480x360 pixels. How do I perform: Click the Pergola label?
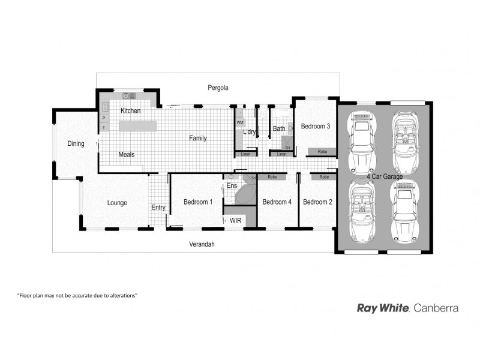coord(218,88)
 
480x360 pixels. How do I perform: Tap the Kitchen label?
coord(130,111)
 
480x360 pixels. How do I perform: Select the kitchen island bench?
coord(137,126)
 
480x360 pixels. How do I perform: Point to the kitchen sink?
coord(130,95)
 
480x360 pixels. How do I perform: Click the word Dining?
coord(76,143)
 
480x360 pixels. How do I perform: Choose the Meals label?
coord(126,154)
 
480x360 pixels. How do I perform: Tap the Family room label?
coord(198,138)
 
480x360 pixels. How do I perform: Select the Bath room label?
coord(279,128)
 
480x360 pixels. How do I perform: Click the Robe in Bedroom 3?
coord(322,152)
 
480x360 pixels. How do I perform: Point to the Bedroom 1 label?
coord(198,202)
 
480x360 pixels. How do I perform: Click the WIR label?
coord(236,221)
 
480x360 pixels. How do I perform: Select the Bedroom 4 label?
coord(277,202)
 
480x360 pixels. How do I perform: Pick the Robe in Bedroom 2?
coord(324,177)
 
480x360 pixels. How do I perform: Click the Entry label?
coord(158,208)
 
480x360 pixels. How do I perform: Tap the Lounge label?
coord(117,203)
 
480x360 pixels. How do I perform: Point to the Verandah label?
coord(202,244)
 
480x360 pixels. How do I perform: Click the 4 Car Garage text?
coord(385,176)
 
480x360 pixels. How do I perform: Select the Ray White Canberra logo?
coord(407,308)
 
